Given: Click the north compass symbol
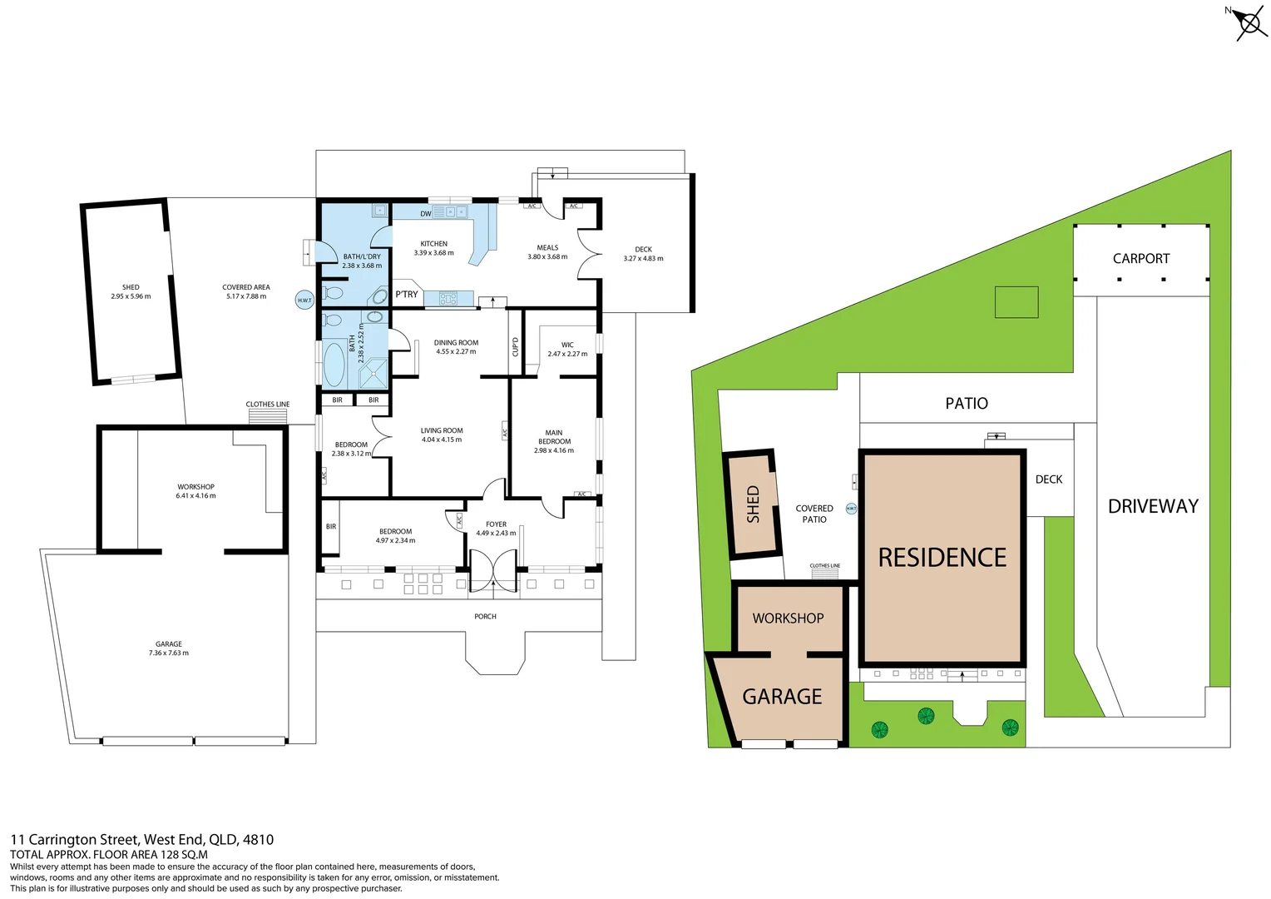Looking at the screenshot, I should point(1249,22).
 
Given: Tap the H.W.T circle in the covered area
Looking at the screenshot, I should point(304,300).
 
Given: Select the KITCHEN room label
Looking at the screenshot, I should point(433,244).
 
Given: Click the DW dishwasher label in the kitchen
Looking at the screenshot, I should point(426,214).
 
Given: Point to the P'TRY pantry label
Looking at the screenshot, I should point(407,295).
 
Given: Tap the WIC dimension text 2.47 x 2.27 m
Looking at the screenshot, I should point(567,355).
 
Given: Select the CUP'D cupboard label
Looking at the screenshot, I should point(516,346).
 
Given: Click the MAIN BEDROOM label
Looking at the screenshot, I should point(554,437).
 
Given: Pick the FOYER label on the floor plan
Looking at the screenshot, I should point(496,524).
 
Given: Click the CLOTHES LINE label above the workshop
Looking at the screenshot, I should point(268,405).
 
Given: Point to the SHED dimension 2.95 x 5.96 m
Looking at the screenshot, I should point(131,296).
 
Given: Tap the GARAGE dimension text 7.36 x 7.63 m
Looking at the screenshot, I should point(169,653).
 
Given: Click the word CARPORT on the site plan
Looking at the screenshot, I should point(1140,259).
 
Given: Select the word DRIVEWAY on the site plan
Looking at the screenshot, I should point(1153,506).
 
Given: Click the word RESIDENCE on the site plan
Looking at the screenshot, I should point(942,558).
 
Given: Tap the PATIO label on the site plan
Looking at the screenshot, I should point(967,404).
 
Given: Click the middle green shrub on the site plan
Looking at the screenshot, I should point(926,716).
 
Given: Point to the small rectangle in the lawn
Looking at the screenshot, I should point(1016,302).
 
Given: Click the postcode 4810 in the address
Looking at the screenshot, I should point(258,840).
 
